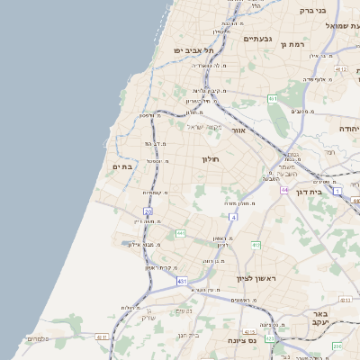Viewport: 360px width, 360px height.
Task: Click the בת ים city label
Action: tap(122, 166)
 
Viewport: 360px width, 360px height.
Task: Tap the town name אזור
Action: tap(238, 130)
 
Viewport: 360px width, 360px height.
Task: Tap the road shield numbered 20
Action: tap(148, 211)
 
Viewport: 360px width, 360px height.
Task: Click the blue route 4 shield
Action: tap(233, 217)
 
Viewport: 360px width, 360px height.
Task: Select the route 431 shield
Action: tap(182, 281)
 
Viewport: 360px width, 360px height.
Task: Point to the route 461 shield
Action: tap(273, 98)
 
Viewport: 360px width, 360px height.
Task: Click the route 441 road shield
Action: tap(180, 234)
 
